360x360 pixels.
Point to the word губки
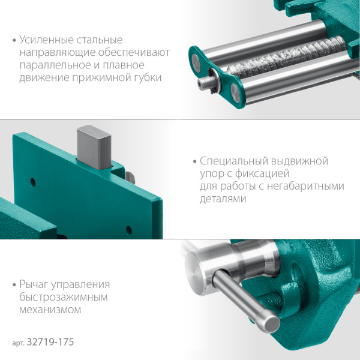pyautogui.click(x=146, y=78)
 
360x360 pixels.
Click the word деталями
pyautogui.click(x=223, y=199)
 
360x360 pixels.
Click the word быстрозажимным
pyautogui.click(x=56, y=297)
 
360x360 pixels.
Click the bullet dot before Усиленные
pyautogui.click(x=14, y=41)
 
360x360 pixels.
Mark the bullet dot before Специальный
pyautogui.click(x=195, y=162)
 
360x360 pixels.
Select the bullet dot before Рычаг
pyautogui.click(x=14, y=285)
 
